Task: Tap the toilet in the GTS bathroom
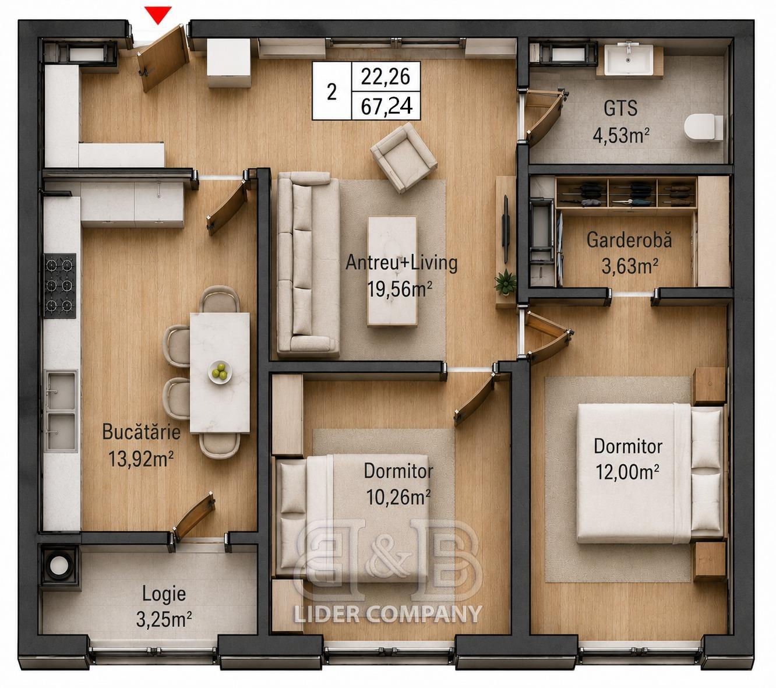703,128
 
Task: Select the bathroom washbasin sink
629,60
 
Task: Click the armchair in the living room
404,157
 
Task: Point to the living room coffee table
392,271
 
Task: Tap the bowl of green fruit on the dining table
220,372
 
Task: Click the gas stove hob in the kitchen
60,285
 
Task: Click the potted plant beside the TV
505,282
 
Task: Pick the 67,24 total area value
386,106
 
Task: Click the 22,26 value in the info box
386,77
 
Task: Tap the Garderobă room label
629,240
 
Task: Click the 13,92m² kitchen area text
141,458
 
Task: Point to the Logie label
164,594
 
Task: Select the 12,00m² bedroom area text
627,471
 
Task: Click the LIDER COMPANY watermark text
387,613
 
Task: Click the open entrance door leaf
164,58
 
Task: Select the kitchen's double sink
61,410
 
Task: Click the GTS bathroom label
620,108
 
